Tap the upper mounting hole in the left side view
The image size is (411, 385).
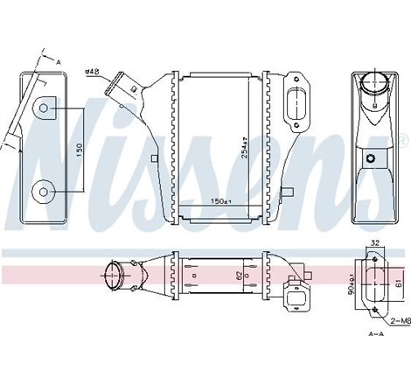45,109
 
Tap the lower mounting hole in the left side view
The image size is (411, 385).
45,191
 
